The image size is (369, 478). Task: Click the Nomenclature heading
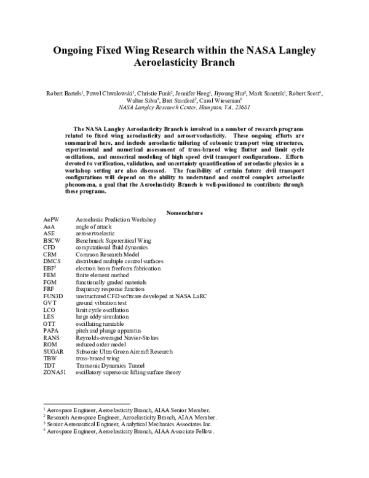184,213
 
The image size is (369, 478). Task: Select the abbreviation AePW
51,219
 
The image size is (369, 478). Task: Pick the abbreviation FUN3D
54,296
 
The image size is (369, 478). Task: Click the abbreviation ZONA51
55,373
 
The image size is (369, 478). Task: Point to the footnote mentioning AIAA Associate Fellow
132,432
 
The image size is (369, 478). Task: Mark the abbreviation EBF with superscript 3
50,269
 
